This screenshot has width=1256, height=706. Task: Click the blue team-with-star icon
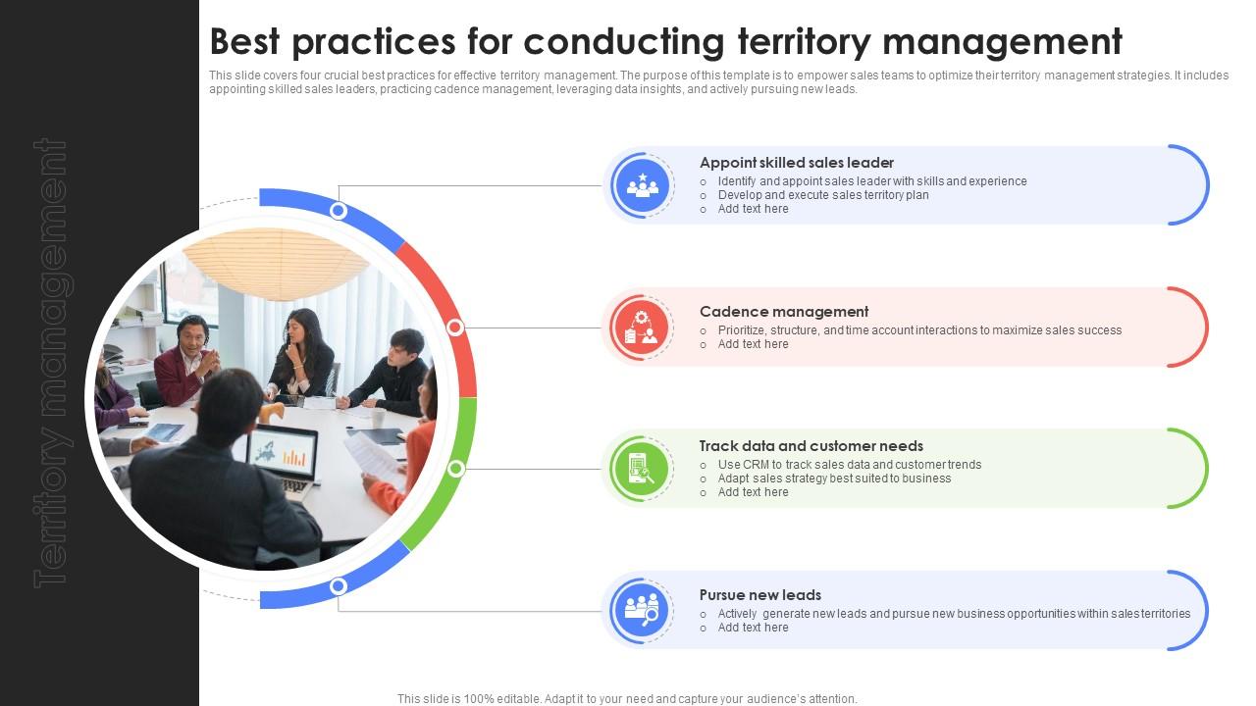click(642, 185)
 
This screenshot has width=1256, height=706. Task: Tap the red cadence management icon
click(642, 328)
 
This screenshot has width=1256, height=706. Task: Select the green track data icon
click(642, 469)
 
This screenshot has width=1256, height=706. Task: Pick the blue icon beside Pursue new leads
click(642, 610)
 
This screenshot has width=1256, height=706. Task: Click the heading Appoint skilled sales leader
click(796, 163)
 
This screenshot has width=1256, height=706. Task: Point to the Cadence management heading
click(784, 312)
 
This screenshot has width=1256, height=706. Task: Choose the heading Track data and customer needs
click(811, 446)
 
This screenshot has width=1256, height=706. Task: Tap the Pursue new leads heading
click(759, 595)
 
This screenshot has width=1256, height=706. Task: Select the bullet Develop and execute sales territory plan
click(823, 195)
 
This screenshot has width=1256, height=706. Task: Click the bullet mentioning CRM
click(850, 465)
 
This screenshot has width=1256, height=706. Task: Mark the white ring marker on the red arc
click(455, 328)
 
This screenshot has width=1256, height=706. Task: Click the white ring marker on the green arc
click(456, 469)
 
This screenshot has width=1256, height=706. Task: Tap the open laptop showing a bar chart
click(282, 460)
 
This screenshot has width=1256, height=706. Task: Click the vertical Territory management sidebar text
click(52, 363)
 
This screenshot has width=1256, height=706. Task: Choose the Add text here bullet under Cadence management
click(753, 344)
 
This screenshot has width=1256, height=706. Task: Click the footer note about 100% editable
click(627, 699)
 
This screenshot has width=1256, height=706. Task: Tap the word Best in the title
click(244, 41)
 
